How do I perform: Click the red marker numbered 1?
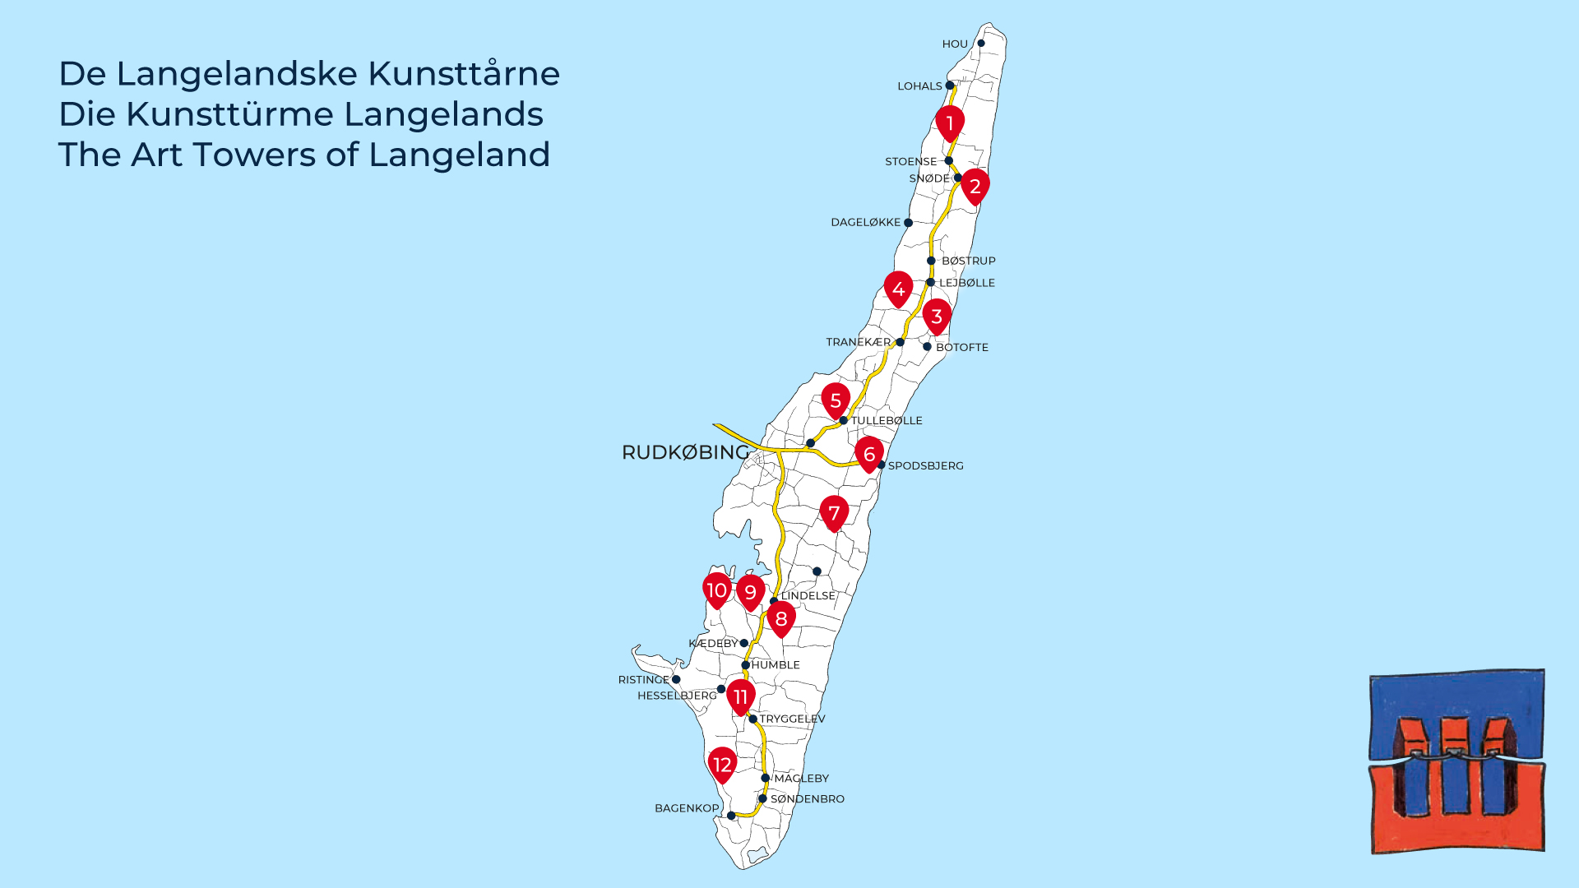pos(950,123)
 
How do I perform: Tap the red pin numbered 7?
pos(834,513)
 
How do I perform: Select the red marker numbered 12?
pos(722,765)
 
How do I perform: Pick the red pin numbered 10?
pos(717,590)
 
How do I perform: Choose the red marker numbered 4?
pos(898,289)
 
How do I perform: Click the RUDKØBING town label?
pos(686,452)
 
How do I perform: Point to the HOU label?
pos(955,44)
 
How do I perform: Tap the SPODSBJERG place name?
pos(925,466)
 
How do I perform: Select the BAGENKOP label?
pos(687,808)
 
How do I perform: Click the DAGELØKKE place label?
pos(865,223)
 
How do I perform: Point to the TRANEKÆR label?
pos(858,342)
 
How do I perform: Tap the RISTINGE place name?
pos(644,680)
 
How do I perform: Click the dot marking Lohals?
pos(950,86)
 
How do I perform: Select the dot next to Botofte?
pos(927,347)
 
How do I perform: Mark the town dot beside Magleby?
pos(765,778)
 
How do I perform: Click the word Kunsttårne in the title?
pos(464,74)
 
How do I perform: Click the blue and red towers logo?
pos(1456,761)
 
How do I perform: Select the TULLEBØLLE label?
pos(886,421)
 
